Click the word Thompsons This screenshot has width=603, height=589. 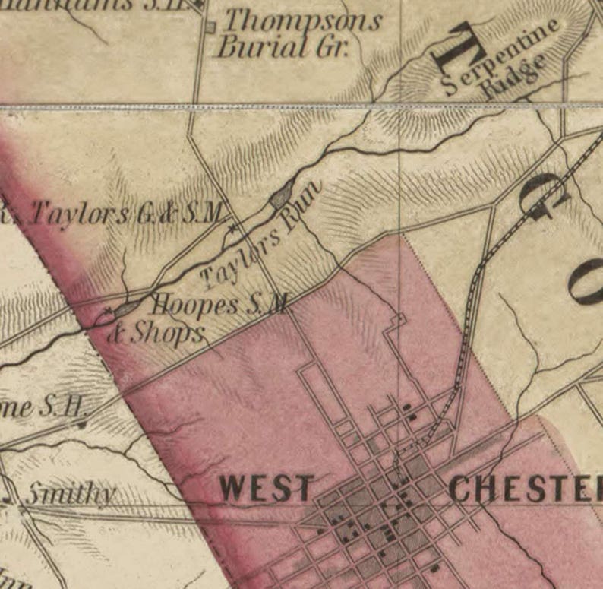(301, 20)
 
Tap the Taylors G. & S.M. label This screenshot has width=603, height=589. (122, 214)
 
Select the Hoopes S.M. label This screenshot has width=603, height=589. (220, 306)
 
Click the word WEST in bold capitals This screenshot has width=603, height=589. (266, 489)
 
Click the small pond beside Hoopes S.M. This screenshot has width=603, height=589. (126, 307)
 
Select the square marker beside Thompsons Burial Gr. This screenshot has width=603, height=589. (211, 27)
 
